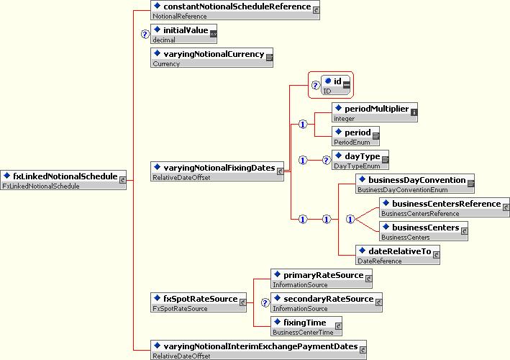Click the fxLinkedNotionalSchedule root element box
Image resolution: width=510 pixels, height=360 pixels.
pyautogui.click(x=63, y=180)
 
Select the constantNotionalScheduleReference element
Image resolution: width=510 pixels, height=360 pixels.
pyautogui.click(x=235, y=10)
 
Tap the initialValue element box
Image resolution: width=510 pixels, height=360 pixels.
pyautogui.click(x=183, y=34)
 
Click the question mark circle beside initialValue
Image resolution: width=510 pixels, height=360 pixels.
pyautogui.click(x=145, y=34)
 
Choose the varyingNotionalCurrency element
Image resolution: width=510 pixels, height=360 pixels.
pyautogui.click(x=211, y=58)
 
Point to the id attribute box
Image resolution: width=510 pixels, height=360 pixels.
pyautogui.click(x=336, y=85)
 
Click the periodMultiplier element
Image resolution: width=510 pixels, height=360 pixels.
pyautogui.click(x=375, y=112)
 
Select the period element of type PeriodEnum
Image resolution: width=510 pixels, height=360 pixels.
pyautogui.click(x=355, y=136)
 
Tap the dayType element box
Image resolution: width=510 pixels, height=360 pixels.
pyautogui.click(x=360, y=160)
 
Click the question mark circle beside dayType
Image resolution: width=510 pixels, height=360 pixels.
pyautogui.click(x=327, y=160)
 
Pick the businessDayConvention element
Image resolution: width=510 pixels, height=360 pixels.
pyautogui.click(x=415, y=184)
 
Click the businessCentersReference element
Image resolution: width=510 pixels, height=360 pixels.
pyautogui.click(x=445, y=207)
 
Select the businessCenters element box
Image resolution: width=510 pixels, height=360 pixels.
pyautogui.click(x=424, y=231)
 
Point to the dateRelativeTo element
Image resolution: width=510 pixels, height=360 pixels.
pyautogui.click(x=398, y=255)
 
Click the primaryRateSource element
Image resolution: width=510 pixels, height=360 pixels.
pyautogui.click(x=322, y=279)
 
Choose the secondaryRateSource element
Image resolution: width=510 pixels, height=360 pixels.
pyautogui.click(x=327, y=302)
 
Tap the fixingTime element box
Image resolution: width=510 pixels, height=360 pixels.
pyautogui.click(x=306, y=326)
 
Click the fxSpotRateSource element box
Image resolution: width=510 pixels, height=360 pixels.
pyautogui.click(x=199, y=302)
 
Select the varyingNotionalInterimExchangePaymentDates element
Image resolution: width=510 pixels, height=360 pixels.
pyautogui.click(x=258, y=350)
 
